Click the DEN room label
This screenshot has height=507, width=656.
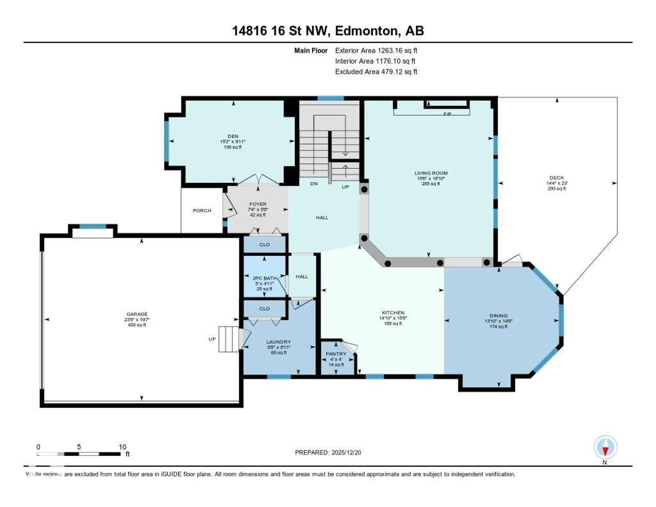[x=233, y=136]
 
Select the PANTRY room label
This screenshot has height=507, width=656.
[x=336, y=354]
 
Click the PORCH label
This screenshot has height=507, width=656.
[x=202, y=211]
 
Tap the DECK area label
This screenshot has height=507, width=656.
[x=557, y=178]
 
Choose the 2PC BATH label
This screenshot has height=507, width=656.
[x=264, y=278]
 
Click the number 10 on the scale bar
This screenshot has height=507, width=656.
[x=122, y=447]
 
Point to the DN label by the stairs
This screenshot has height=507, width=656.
[x=314, y=184]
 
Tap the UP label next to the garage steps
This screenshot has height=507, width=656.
[x=212, y=339]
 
